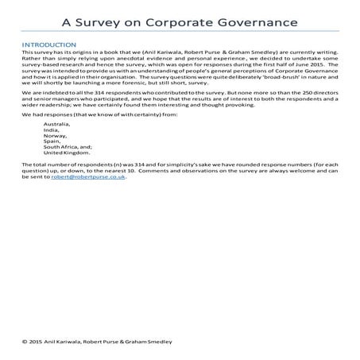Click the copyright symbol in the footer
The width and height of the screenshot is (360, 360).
(26, 340)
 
